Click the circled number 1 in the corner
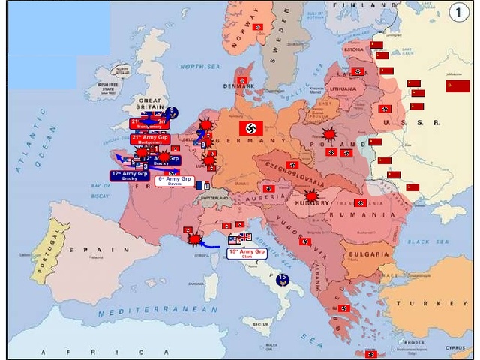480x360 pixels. point(458,13)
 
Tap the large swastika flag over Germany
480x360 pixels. point(253,127)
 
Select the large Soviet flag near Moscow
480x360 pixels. point(457,85)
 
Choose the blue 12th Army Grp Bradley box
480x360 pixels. point(124,176)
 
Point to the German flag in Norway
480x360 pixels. point(257,27)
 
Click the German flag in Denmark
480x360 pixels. point(241,79)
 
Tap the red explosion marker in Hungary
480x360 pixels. point(311,196)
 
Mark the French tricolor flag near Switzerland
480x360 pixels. point(199,184)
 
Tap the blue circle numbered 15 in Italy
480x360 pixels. point(283,280)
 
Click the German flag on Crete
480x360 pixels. point(370,353)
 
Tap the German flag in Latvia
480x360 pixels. point(358,71)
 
